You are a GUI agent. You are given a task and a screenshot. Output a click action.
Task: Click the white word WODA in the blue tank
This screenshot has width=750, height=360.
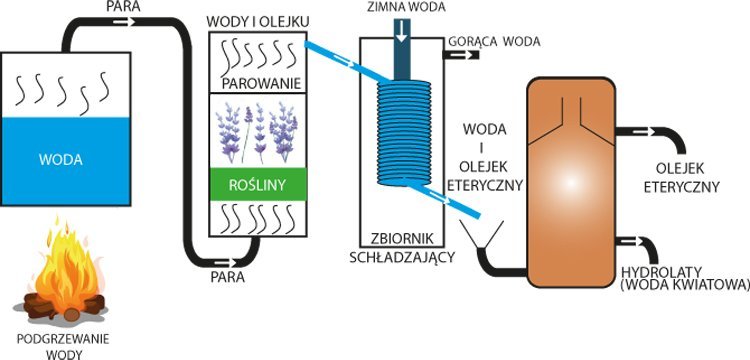[x=60, y=160]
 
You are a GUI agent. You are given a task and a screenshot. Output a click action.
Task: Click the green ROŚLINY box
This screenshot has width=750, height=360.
[x=257, y=185]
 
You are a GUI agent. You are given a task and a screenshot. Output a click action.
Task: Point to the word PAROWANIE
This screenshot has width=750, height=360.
[x=261, y=84]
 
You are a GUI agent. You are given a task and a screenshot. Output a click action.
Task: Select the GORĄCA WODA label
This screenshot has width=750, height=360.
[x=494, y=42]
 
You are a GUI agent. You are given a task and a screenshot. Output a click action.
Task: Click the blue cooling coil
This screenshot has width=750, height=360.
[x=404, y=133]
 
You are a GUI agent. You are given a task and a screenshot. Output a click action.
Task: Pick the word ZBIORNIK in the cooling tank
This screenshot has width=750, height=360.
[x=402, y=238]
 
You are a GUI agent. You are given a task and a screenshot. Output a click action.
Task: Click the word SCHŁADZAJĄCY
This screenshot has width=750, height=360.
[x=402, y=257]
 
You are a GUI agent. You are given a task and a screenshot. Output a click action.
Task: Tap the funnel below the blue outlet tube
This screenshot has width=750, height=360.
[x=482, y=236]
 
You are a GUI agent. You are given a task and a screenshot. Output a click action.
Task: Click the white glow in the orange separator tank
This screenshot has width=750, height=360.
[x=570, y=183]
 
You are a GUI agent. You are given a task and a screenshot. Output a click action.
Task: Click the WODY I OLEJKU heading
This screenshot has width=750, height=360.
[x=258, y=22]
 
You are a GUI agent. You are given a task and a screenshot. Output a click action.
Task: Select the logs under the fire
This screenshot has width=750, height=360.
[x=66, y=305]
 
